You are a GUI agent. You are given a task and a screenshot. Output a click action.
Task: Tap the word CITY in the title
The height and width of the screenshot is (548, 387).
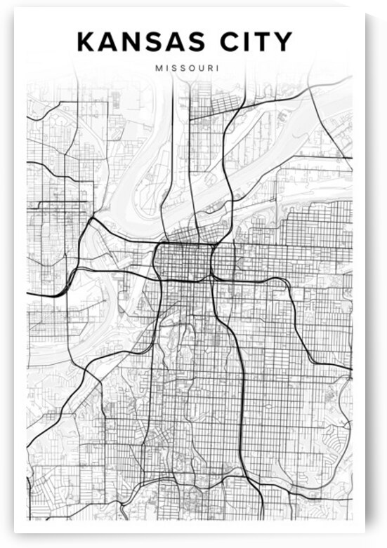[x=259, y=41]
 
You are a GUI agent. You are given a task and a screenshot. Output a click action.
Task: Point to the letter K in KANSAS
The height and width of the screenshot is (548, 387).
[x=86, y=41]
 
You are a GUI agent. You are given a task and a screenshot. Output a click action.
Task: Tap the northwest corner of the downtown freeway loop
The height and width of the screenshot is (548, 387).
[x=156, y=245]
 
